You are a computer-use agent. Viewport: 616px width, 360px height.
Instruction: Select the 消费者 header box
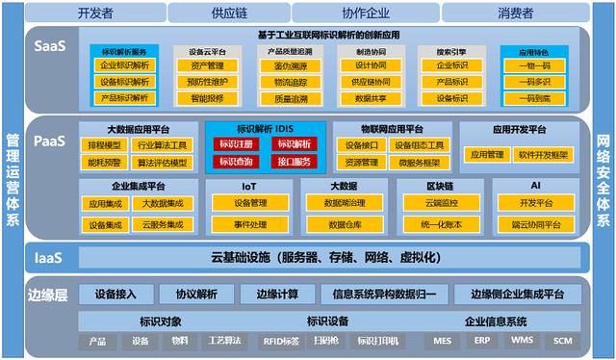click(x=515, y=13)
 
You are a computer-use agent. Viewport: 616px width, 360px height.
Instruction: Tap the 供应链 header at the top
click(x=236, y=13)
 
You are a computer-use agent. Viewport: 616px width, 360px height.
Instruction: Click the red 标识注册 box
click(x=235, y=144)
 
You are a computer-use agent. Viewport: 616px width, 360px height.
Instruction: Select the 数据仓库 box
click(x=344, y=224)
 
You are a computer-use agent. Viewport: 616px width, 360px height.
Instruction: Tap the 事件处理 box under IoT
click(x=250, y=224)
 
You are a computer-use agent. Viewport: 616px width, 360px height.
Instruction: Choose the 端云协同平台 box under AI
click(x=535, y=224)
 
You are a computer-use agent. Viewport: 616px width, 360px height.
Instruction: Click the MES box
click(x=443, y=341)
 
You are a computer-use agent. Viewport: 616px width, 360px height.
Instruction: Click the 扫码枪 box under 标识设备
click(x=327, y=341)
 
